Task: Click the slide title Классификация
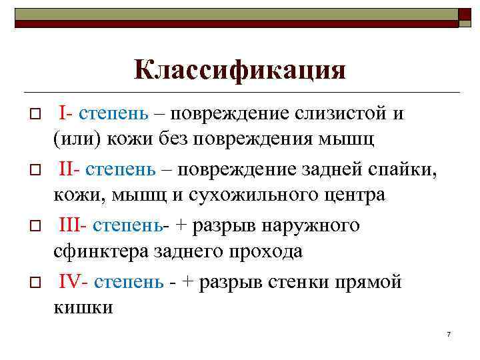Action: point(240,70)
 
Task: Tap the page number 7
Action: point(449,333)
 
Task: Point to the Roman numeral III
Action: point(69,226)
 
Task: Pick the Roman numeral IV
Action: point(69,282)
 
